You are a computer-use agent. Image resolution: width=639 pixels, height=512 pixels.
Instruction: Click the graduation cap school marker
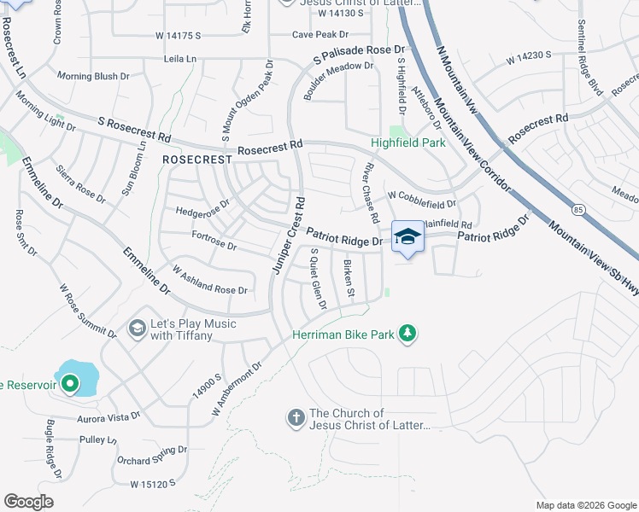coord(407,237)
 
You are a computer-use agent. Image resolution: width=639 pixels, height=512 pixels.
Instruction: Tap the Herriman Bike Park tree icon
coord(408,334)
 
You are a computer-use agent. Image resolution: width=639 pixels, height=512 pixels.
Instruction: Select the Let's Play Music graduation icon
coord(137,329)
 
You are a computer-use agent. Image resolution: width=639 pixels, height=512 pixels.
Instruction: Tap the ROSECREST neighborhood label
coord(197,160)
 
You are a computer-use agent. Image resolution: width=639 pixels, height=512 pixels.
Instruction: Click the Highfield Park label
coord(407,143)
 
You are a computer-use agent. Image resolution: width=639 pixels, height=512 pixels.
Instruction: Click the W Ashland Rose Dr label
coord(210,280)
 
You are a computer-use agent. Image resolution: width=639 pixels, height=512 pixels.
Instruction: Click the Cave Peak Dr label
coord(320,35)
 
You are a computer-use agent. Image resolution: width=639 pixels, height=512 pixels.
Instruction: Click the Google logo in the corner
coord(28,502)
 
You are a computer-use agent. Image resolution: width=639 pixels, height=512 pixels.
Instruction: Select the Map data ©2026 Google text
coord(585,505)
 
